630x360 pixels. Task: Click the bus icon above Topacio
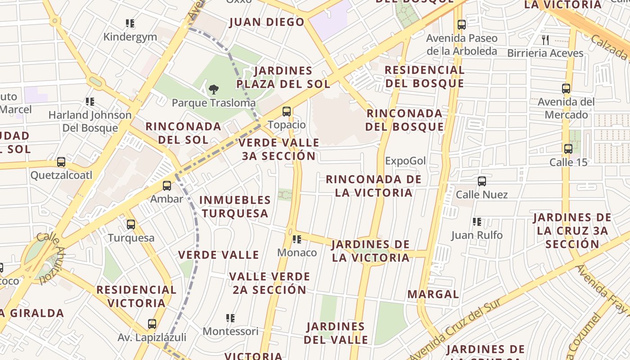286,111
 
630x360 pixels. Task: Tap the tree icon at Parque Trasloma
214,90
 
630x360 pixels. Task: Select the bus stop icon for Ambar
167,185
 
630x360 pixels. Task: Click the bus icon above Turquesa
130,224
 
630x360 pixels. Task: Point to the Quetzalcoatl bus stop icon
61,162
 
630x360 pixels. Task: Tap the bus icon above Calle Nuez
481,181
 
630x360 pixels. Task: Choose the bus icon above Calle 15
568,149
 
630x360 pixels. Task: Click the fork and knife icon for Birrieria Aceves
545,40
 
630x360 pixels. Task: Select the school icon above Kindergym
130,23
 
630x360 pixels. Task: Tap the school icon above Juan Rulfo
477,222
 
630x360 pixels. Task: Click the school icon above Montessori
230,318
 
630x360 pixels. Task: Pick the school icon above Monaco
297,239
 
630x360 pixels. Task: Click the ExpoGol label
405,161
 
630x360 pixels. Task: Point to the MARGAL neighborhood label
433,294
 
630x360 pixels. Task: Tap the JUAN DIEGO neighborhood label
267,22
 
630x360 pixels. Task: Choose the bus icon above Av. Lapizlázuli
152,324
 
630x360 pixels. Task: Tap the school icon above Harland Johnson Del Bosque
90,102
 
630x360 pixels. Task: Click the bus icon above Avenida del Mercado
566,89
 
